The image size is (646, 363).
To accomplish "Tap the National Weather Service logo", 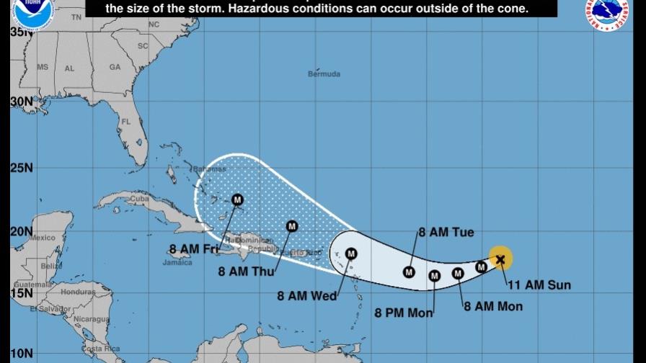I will [x=610, y=13].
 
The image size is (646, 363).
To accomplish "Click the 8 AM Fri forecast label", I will [x=193, y=249].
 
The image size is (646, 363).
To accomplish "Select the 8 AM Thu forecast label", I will [x=243, y=272].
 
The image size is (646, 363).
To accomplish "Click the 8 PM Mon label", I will [x=404, y=313].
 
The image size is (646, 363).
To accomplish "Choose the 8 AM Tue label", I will [x=446, y=232].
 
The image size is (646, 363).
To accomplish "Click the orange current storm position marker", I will [x=500, y=258].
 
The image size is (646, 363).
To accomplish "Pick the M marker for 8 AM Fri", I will [x=237, y=200].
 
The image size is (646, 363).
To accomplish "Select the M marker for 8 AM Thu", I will [x=292, y=226].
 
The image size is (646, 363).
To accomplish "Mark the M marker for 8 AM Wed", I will [x=351, y=254].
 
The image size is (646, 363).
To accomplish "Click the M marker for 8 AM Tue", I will [x=409, y=272].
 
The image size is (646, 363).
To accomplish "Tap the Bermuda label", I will [x=324, y=74].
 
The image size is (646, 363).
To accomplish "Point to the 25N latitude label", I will [x=22, y=169].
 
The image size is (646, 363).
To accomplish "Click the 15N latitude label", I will [x=22, y=294].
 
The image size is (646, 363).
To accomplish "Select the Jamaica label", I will [x=177, y=262].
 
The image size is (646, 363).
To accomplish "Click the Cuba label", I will [x=139, y=198].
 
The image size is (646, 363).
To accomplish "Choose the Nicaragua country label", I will [x=91, y=318].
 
